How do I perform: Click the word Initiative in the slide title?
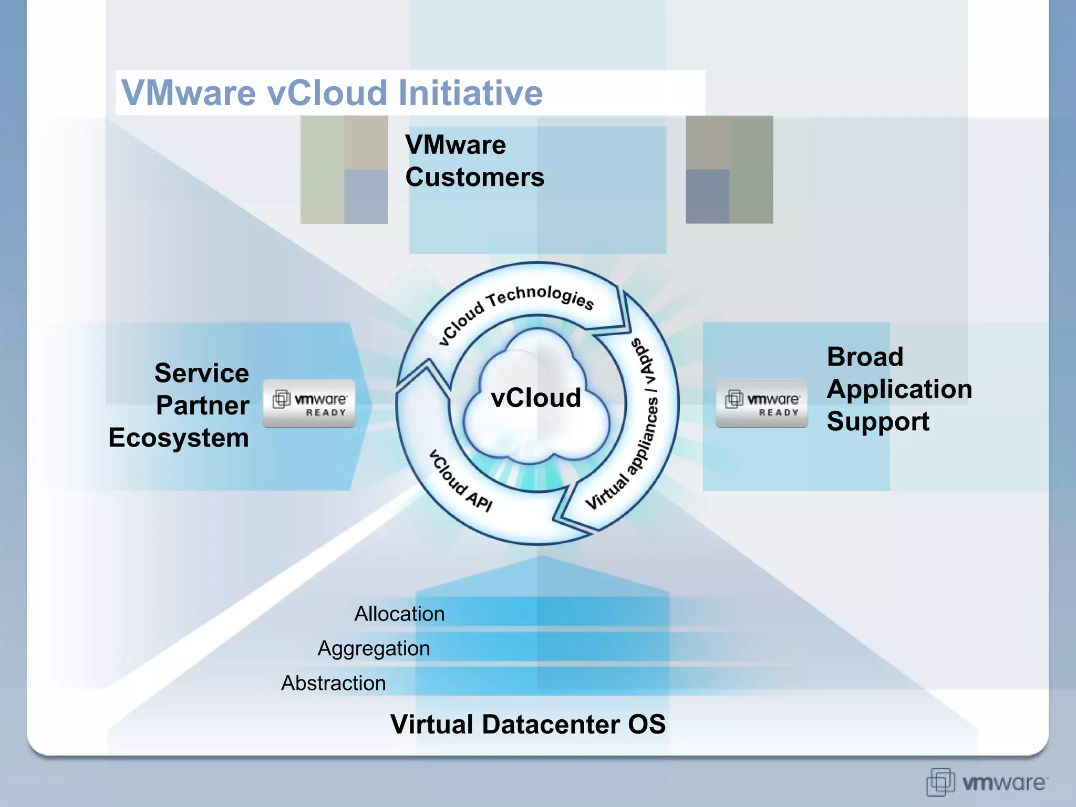470,93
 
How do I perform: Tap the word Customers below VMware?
474,177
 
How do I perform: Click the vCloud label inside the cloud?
535,398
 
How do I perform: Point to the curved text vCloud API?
460,481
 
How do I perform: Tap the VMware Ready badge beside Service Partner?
309,403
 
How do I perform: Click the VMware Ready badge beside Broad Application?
762,403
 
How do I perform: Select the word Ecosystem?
179,438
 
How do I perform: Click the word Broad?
865,357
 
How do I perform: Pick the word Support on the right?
878,422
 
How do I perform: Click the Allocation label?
399,614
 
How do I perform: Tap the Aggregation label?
374,648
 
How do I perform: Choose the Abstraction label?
334,683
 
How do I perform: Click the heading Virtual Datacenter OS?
527,725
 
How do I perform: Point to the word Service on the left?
202,373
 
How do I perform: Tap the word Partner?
203,406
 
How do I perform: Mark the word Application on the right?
899,389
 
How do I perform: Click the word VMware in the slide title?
188,93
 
